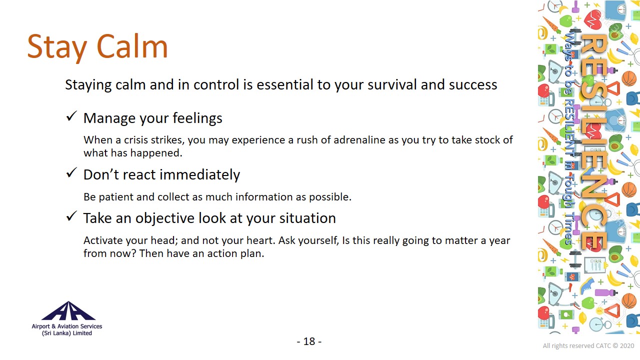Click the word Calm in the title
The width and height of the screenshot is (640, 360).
click(x=132, y=46)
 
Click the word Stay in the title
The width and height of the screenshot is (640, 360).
click(x=57, y=48)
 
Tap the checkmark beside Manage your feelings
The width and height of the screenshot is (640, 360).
click(x=71, y=116)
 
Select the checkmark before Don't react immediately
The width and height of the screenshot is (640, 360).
click(x=71, y=172)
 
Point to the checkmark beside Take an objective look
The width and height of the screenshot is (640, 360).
click(x=71, y=216)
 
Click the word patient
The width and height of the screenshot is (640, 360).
click(x=115, y=197)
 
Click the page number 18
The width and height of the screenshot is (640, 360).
click(x=309, y=341)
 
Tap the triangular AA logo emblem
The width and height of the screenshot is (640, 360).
click(x=68, y=310)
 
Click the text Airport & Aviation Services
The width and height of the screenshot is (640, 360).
click(x=67, y=326)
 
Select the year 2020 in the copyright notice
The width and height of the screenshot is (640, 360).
click(x=627, y=345)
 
